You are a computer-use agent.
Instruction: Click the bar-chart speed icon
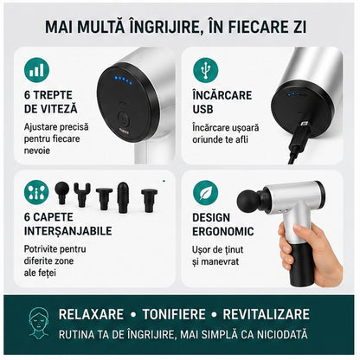point(36,70)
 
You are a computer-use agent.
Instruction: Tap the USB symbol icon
point(206,70)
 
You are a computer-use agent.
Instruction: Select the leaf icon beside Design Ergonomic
point(206,192)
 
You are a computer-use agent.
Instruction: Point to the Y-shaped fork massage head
point(82,194)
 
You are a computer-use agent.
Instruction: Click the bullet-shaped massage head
point(123,197)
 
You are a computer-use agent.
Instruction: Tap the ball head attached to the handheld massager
point(248,201)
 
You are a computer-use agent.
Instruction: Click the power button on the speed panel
point(123,118)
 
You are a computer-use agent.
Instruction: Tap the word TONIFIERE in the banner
point(174,314)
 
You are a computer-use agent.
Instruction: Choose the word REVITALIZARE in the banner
point(266,314)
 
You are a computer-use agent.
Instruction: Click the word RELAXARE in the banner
point(91,314)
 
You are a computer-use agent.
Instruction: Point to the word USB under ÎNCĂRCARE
point(202,109)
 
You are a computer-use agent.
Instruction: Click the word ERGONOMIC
point(223,231)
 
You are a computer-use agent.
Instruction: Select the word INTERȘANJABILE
point(68,231)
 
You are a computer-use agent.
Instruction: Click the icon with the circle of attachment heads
point(36,192)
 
